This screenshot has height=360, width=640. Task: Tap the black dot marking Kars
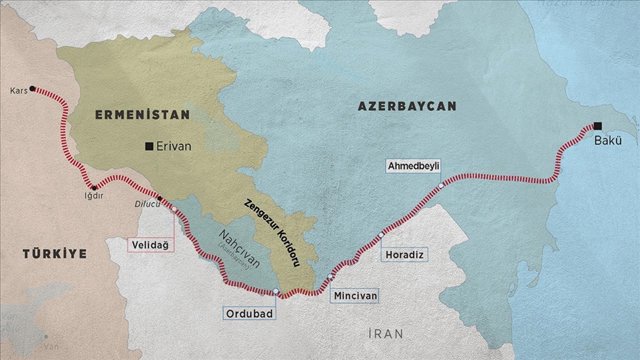33,89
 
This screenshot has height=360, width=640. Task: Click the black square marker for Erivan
149,146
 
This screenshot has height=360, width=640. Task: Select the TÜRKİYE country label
54,254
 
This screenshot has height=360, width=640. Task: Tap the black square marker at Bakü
597,126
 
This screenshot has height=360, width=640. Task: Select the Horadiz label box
405,255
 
